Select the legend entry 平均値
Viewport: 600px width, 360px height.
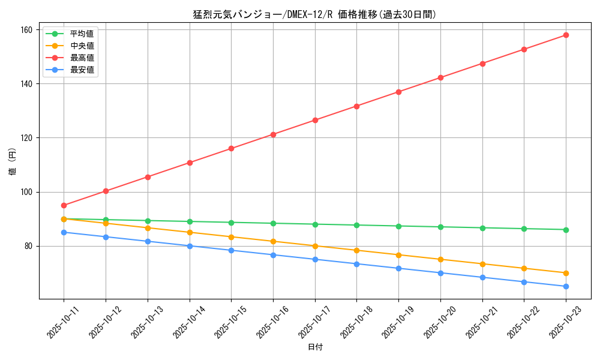point(82,34)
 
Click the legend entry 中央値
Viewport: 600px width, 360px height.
point(82,46)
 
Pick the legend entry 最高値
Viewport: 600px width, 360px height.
point(82,58)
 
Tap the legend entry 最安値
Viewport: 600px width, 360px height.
point(82,70)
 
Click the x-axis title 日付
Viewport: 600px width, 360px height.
point(314,347)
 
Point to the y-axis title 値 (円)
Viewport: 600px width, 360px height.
point(12,162)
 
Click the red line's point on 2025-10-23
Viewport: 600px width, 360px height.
point(566,35)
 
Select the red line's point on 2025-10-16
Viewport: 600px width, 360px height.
point(273,134)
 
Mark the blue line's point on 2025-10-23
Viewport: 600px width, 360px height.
point(566,286)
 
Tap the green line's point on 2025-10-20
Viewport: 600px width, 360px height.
point(440,227)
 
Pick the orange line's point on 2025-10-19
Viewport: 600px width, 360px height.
point(398,255)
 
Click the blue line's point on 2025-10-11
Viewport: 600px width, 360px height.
point(64,232)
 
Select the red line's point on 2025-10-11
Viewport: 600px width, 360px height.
point(64,205)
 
